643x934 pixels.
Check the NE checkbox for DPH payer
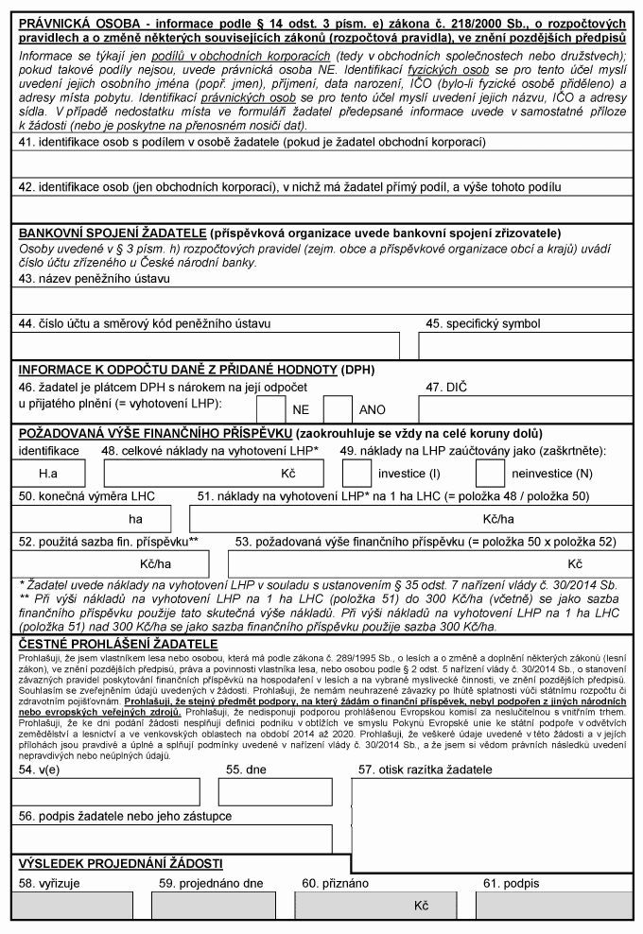[271, 409]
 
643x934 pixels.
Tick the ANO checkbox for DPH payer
[338, 409]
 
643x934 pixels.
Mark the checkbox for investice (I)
[356, 471]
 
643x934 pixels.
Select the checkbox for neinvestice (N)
[490, 471]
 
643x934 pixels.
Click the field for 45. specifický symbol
[525, 347]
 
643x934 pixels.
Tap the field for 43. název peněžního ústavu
[321, 301]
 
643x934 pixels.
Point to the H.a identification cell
[48, 471]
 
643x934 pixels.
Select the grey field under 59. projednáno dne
[221, 905]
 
